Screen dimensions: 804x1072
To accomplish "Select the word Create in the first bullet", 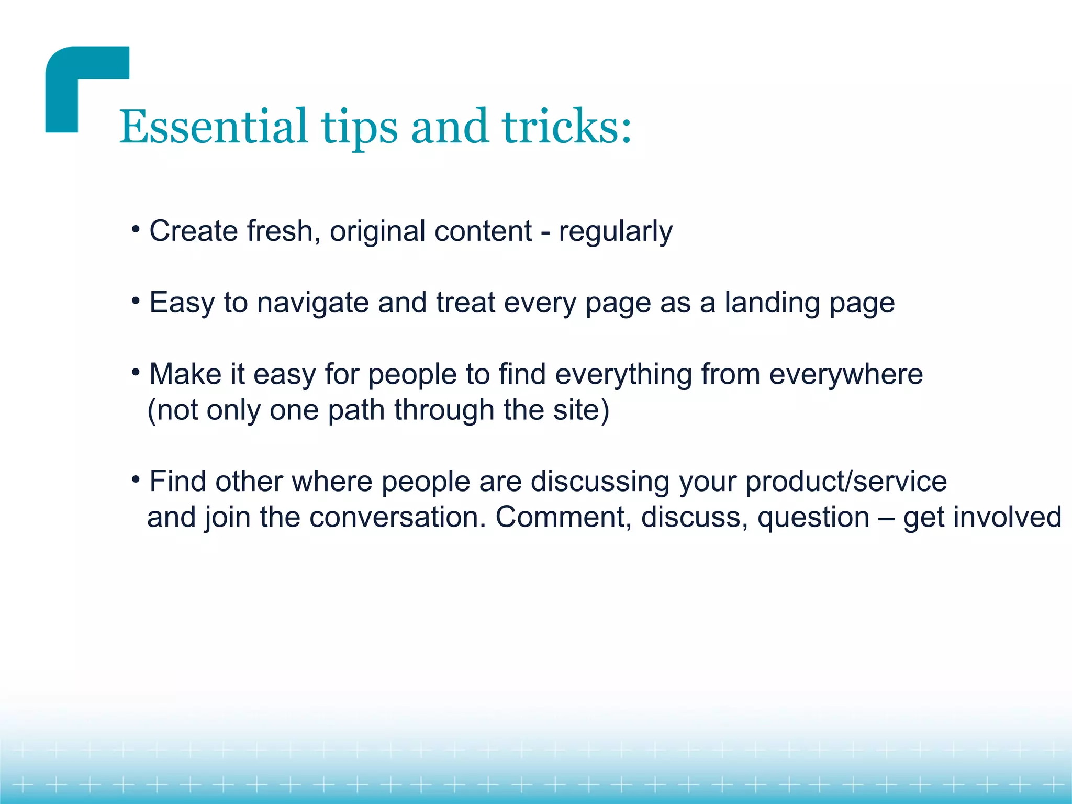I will [194, 231].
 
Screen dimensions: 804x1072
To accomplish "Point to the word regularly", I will [615, 232].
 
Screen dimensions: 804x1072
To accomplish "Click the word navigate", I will [312, 303].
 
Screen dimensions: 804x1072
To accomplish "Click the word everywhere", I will [845, 374].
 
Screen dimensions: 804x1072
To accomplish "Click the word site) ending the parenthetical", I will [581, 410].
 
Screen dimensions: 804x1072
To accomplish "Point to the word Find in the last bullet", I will [177, 481].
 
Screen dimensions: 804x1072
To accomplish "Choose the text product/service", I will [845, 482].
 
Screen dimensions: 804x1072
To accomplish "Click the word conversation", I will [397, 517].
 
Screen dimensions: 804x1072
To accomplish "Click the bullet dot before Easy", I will [136, 300].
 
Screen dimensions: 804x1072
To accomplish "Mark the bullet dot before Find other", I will [136, 479].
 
